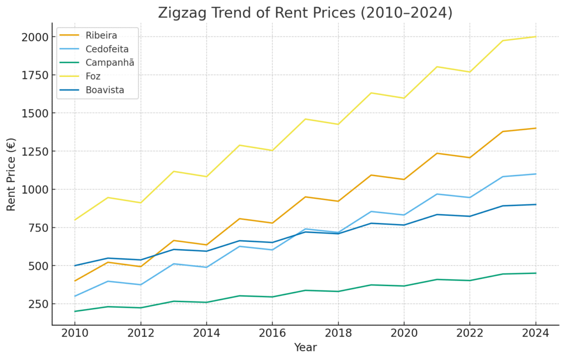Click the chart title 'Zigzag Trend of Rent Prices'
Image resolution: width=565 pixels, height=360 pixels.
click(305, 13)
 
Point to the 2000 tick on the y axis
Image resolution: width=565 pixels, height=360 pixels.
click(35, 37)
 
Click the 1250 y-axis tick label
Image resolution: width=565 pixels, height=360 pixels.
click(35, 151)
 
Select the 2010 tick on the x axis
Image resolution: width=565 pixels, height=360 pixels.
click(75, 333)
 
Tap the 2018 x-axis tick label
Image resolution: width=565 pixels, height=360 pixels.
click(338, 333)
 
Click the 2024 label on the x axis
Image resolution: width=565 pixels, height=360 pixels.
click(535, 333)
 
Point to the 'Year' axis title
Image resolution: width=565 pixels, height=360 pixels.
click(305, 348)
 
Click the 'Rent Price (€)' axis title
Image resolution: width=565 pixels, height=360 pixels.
click(12, 174)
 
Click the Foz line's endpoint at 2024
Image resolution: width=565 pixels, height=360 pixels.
click(535, 37)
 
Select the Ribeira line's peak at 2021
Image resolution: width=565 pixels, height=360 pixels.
click(436, 153)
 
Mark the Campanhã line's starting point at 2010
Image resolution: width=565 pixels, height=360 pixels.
click(75, 311)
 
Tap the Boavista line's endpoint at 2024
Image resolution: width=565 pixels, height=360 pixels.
click(535, 204)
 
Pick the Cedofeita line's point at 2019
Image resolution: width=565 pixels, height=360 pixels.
click(371, 211)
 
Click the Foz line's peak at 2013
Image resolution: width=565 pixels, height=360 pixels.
click(174, 171)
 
